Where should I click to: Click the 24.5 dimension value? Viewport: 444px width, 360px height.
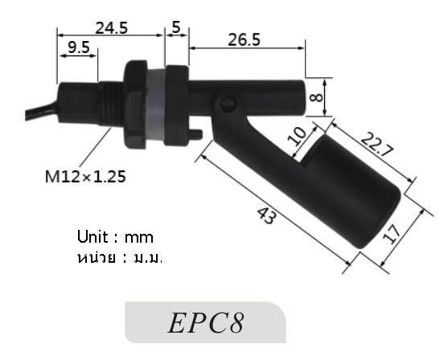pyautogui.click(x=112, y=27)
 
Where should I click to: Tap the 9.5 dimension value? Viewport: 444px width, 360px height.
pyautogui.click(x=79, y=48)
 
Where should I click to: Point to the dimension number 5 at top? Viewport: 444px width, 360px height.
pyautogui.click(x=176, y=27)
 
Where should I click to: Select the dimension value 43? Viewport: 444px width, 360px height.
pyautogui.click(x=269, y=216)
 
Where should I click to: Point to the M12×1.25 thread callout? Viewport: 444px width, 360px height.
pyautogui.click(x=85, y=177)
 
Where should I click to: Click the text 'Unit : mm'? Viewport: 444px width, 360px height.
pyautogui.click(x=115, y=237)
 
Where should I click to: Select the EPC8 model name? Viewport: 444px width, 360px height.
pyautogui.click(x=206, y=323)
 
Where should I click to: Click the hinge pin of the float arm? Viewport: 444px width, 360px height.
pyautogui.click(x=226, y=103)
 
